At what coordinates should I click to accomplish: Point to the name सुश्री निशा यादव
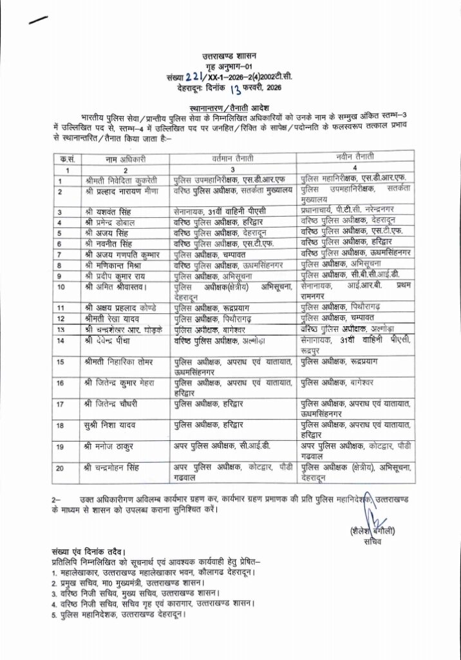coord(111,425)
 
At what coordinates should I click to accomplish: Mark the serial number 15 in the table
coord(61,362)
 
